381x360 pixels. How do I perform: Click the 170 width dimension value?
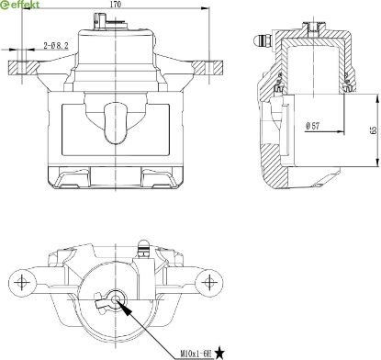[x=116, y=5]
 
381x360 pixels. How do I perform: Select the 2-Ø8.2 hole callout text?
[x=56, y=46]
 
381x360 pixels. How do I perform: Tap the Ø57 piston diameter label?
[x=312, y=126]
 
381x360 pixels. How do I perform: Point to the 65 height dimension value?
[x=374, y=130]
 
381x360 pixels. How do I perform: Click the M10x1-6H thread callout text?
[x=196, y=354]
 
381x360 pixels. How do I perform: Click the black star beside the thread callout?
[x=219, y=353]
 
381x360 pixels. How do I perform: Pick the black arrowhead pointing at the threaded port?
[x=127, y=309]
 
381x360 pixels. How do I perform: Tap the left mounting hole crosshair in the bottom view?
[x=22, y=282]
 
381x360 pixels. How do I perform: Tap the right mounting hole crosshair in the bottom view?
[x=209, y=282]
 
